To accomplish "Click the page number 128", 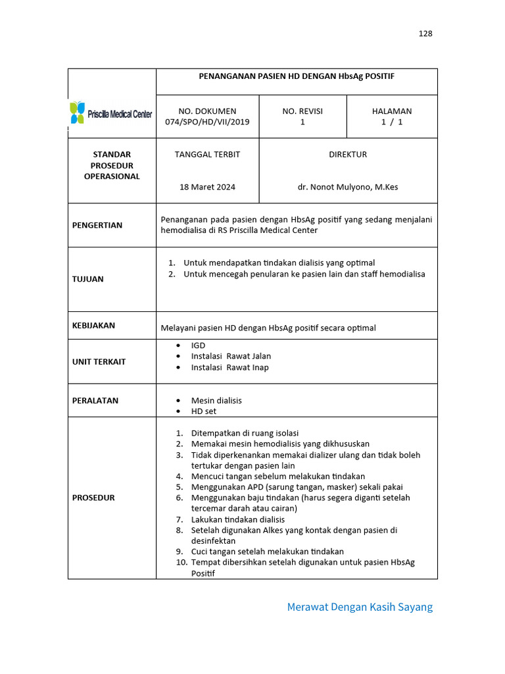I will tap(425, 34).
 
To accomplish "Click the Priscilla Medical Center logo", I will tap(111, 113).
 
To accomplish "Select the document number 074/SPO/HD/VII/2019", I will tap(207, 122).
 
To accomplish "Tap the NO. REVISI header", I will tap(302, 111).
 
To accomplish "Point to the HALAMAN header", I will tap(392, 111).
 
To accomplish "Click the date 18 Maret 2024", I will tap(207, 187).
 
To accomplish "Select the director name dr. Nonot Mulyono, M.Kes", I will tap(348, 187).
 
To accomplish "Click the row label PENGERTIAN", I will tap(97, 225).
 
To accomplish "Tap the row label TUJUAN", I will tap(88, 279).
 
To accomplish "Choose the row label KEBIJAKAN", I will tap(93, 325).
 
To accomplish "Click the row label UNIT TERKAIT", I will tap(99, 361).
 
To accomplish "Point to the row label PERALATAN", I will tap(95, 400).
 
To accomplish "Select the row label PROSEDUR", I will tap(93, 498).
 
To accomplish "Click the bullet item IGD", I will tap(198, 346).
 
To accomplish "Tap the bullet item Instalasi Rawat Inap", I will tap(229, 367).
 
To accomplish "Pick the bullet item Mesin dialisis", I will tap(216, 400).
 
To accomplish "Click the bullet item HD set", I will tap(203, 411).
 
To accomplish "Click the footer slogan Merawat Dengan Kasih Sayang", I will tap(360, 607).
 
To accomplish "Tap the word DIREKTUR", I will tap(348, 155).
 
